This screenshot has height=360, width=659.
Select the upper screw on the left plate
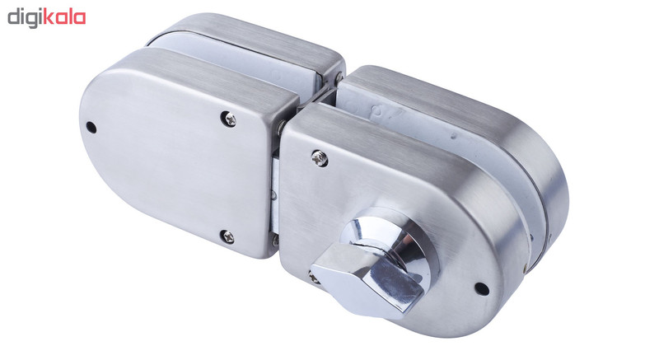(x=229, y=119)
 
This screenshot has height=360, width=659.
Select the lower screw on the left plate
(x=227, y=236)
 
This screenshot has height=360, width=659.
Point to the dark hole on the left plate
(x=91, y=127)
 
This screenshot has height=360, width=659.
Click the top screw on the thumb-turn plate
(x=320, y=158)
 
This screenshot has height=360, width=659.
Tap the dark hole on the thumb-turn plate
(x=482, y=288)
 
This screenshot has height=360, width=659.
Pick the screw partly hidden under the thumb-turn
(x=313, y=278)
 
